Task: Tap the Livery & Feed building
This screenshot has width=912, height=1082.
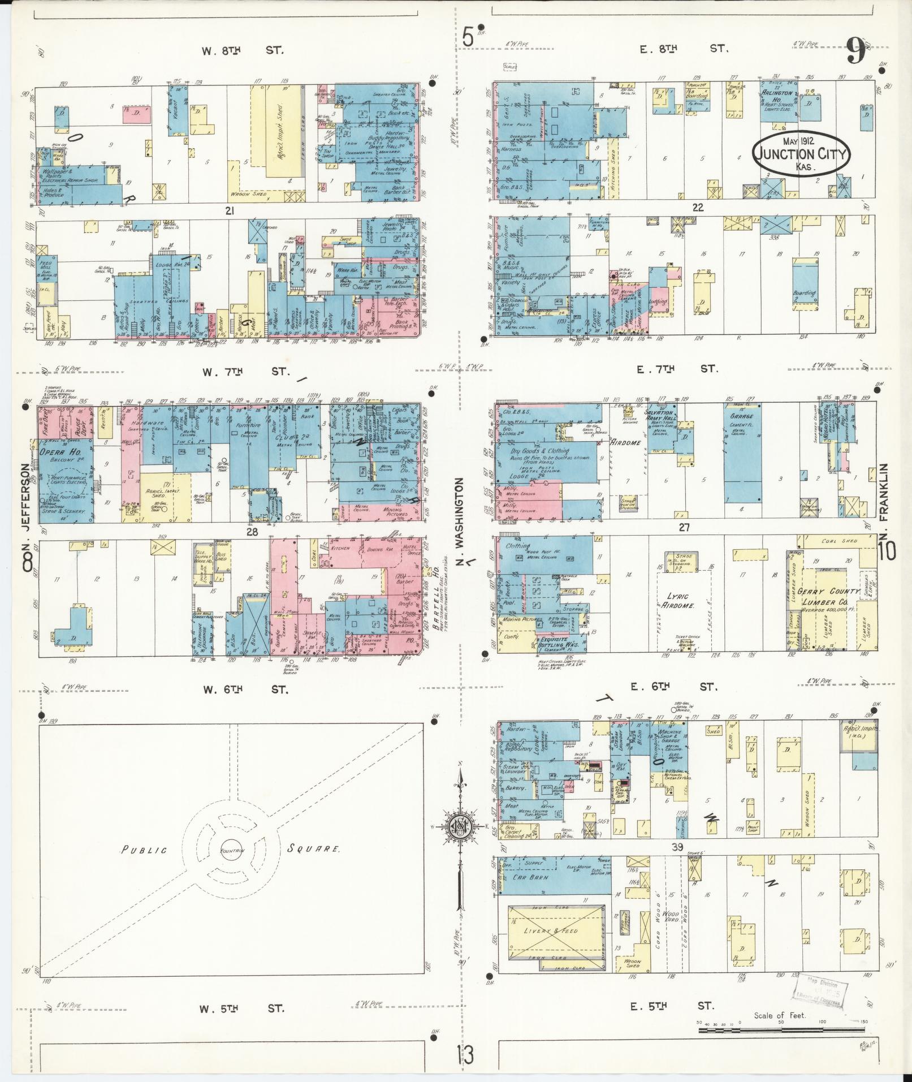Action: (551, 930)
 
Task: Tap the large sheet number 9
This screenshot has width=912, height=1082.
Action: (856, 52)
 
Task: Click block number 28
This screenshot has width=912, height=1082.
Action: (252, 532)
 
